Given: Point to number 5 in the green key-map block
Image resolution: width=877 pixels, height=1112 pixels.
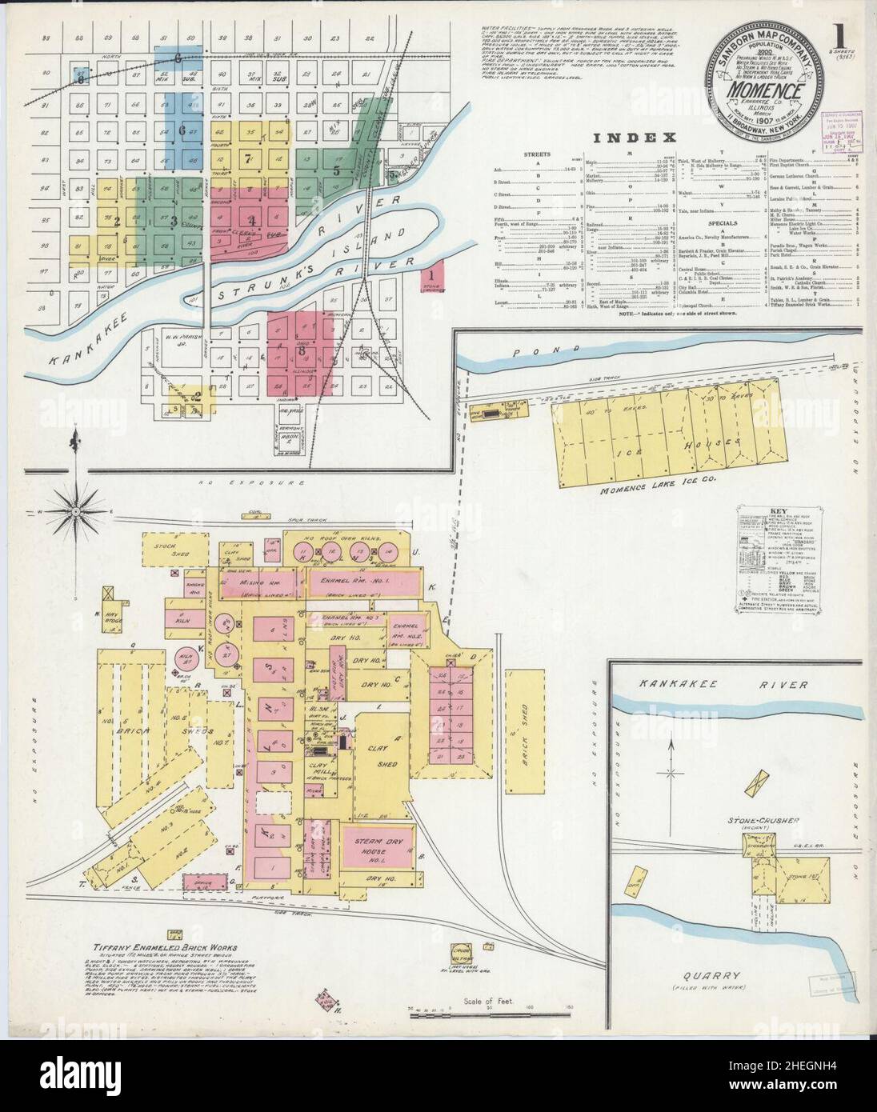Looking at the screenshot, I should tap(337, 170).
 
